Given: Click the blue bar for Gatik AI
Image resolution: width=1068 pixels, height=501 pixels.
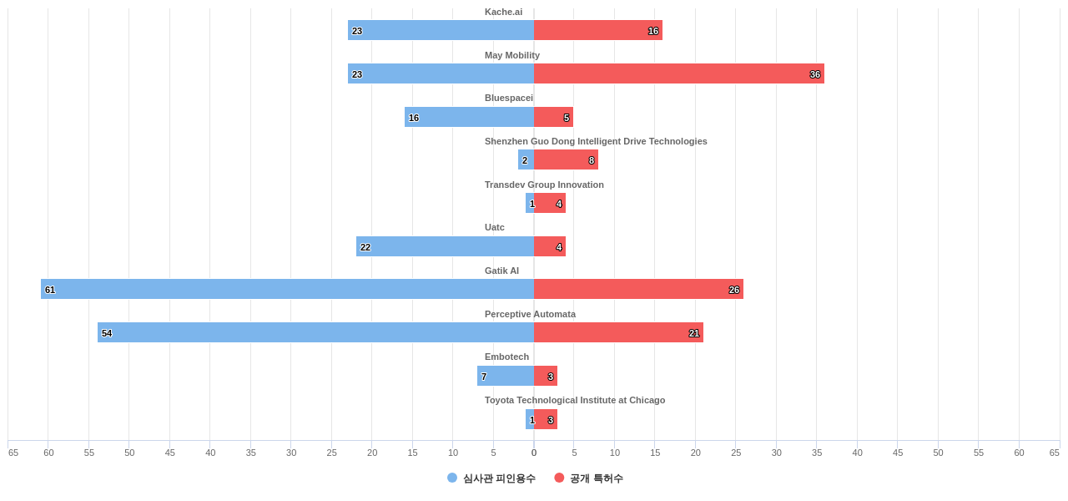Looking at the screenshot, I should pos(287,289).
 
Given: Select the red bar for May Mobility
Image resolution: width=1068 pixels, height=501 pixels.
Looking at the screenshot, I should pos(678,73).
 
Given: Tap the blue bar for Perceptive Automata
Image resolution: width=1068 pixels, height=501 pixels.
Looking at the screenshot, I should pos(315,332).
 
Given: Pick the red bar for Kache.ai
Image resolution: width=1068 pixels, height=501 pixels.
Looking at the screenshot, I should pos(597,30).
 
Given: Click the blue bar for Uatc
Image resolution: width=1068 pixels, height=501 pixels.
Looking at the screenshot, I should pos(445,246).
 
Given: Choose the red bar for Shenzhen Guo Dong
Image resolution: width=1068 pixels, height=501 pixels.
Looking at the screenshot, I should pos(566,159).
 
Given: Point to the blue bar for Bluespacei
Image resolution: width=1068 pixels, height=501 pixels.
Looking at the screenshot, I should pos(469,117).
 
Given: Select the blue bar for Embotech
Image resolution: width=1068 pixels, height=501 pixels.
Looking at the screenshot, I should pos(506,376).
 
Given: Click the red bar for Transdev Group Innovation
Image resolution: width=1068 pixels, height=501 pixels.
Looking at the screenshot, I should pos(550,203).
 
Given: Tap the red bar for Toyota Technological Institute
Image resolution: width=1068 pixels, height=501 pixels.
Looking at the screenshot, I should pos(546,419).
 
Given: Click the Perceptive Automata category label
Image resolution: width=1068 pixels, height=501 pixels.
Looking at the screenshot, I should pos(530,314).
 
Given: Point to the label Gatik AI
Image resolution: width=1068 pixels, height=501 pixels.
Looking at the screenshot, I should pos(501,271).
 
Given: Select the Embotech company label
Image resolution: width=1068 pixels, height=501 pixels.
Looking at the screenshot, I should pos(506,357).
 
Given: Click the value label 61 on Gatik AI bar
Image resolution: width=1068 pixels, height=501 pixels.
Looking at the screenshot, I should pos(50,290).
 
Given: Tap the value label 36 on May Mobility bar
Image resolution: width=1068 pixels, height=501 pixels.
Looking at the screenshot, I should pos(814,74).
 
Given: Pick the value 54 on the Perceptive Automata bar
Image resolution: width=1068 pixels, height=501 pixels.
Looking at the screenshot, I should pos(107,333).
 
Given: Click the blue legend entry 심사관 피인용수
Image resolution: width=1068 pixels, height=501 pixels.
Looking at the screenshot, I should pos(491,478).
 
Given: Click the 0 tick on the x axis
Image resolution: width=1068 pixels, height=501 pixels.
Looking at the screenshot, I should pos(534,453).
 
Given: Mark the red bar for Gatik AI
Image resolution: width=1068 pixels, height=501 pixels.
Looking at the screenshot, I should pos(638,289).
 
